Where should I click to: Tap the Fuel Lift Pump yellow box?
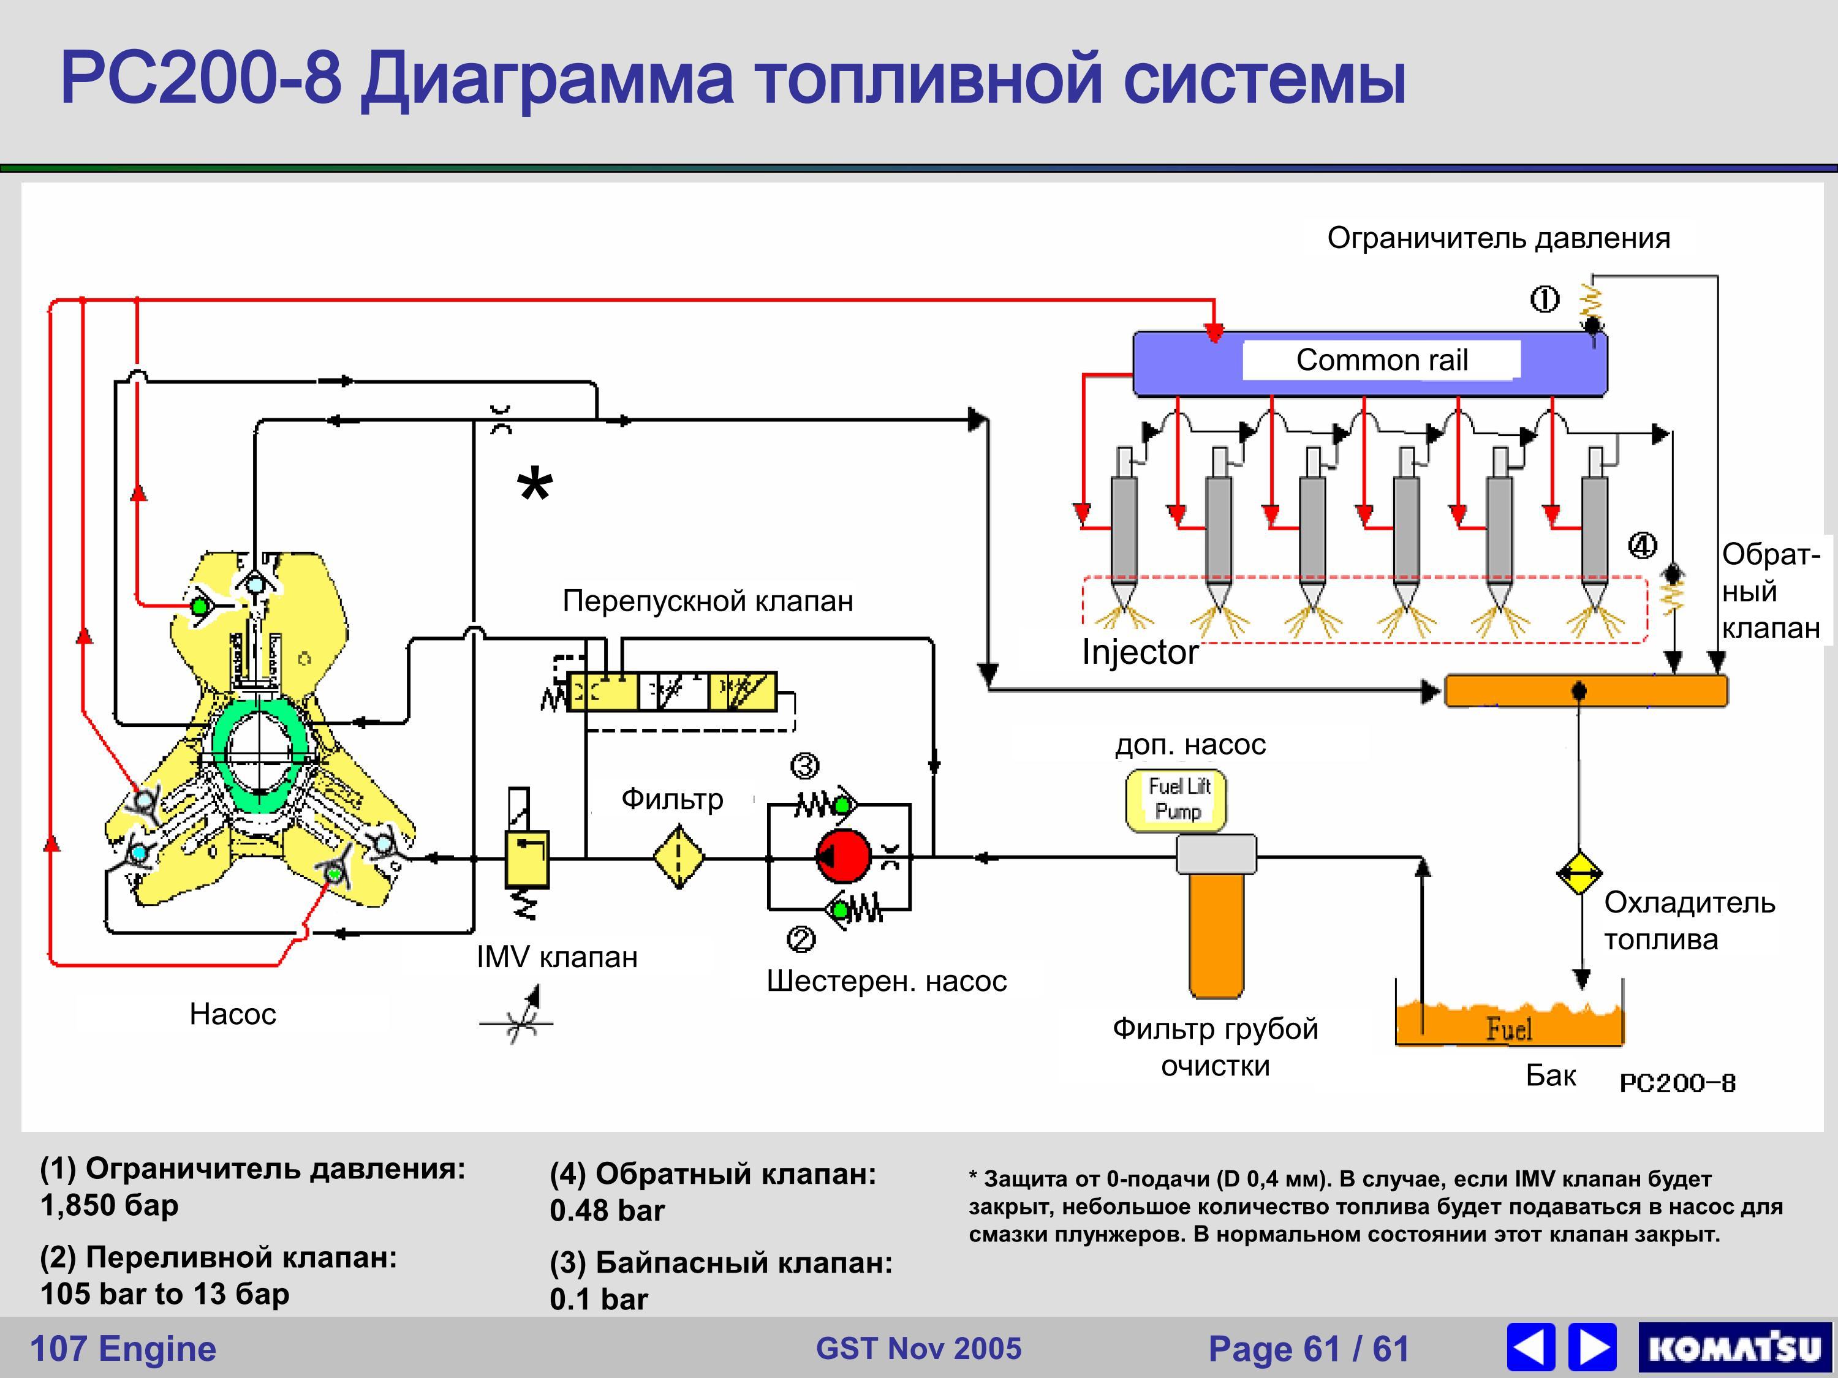pos(1176,800)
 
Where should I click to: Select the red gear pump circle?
pos(844,856)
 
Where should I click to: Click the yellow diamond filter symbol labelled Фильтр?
pos(678,856)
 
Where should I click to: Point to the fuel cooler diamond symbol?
pos(1579,872)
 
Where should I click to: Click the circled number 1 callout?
pos(1545,299)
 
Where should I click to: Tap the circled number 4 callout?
pos(1642,546)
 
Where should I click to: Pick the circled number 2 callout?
pos(801,939)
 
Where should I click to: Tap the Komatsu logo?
pos(1735,1347)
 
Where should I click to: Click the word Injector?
pos(1139,653)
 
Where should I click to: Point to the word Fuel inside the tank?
pos(1509,1030)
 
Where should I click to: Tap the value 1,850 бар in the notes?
pos(110,1205)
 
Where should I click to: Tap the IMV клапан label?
pos(557,957)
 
